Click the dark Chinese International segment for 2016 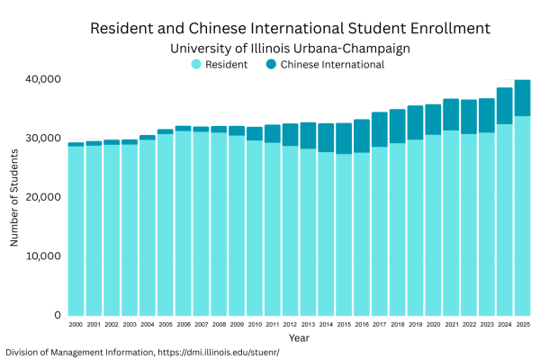tap(362, 136)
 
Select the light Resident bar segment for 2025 tap(522, 216)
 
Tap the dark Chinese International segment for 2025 tap(522, 98)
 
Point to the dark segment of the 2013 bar tap(309, 136)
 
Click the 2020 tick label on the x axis tap(433, 324)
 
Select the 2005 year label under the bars tap(165, 324)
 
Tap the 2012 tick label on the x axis tap(290, 324)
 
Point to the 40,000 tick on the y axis tap(42, 79)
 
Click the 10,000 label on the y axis tap(42, 256)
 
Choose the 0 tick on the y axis tap(56, 315)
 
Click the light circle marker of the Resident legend tap(195, 64)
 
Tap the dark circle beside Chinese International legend tap(271, 64)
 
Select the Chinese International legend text tap(332, 64)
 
